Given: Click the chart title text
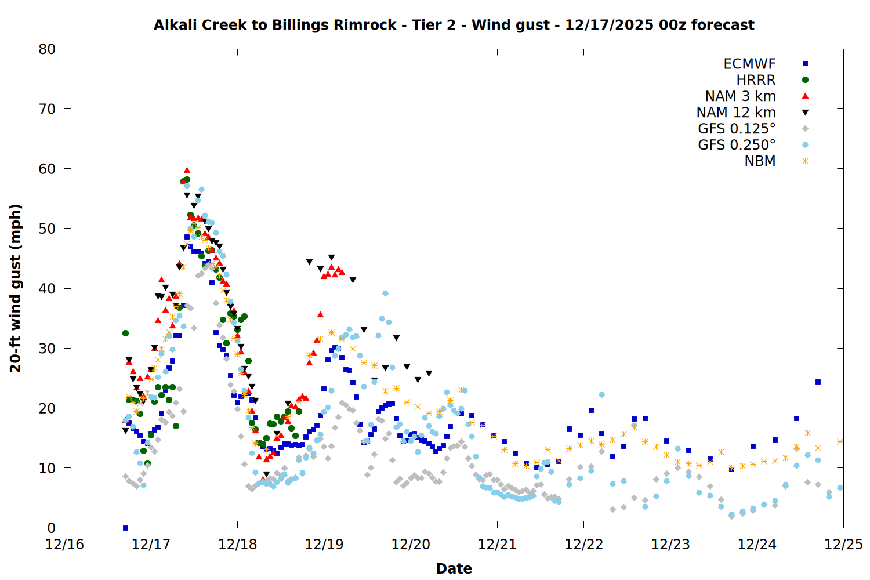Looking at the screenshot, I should pyautogui.click(x=454, y=25).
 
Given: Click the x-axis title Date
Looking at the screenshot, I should pyautogui.click(x=454, y=568).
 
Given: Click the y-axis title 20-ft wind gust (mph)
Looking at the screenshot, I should pyautogui.click(x=16, y=288).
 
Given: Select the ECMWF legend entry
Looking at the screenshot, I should pyautogui.click(x=749, y=64).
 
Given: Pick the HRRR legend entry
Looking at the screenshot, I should pyautogui.click(x=756, y=80).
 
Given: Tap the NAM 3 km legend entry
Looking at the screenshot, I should pyautogui.click(x=740, y=96).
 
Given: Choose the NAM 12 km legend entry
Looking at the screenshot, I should pyautogui.click(x=736, y=113).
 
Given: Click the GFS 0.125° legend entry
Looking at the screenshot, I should pyautogui.click(x=737, y=129).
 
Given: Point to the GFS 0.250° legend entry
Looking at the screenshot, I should pyautogui.click(x=737, y=145).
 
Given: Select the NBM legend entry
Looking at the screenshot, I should pyautogui.click(x=760, y=161).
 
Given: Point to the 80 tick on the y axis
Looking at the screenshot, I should pyautogui.click(x=48, y=49).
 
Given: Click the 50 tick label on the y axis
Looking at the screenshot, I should pyautogui.click(x=48, y=229).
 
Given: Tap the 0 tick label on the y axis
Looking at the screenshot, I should pyautogui.click(x=52, y=528).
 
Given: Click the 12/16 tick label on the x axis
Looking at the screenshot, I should pyautogui.click(x=64, y=545).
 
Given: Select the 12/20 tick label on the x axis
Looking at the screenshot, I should pyautogui.click(x=411, y=545).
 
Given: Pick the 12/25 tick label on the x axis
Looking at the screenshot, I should pyautogui.click(x=843, y=545).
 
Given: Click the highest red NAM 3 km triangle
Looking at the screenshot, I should pyautogui.click(x=187, y=171).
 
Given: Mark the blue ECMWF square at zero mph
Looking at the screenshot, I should pyautogui.click(x=125, y=528).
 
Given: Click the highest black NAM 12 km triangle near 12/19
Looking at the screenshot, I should pyautogui.click(x=331, y=258).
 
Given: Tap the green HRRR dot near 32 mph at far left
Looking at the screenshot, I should pyautogui.click(x=125, y=333).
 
